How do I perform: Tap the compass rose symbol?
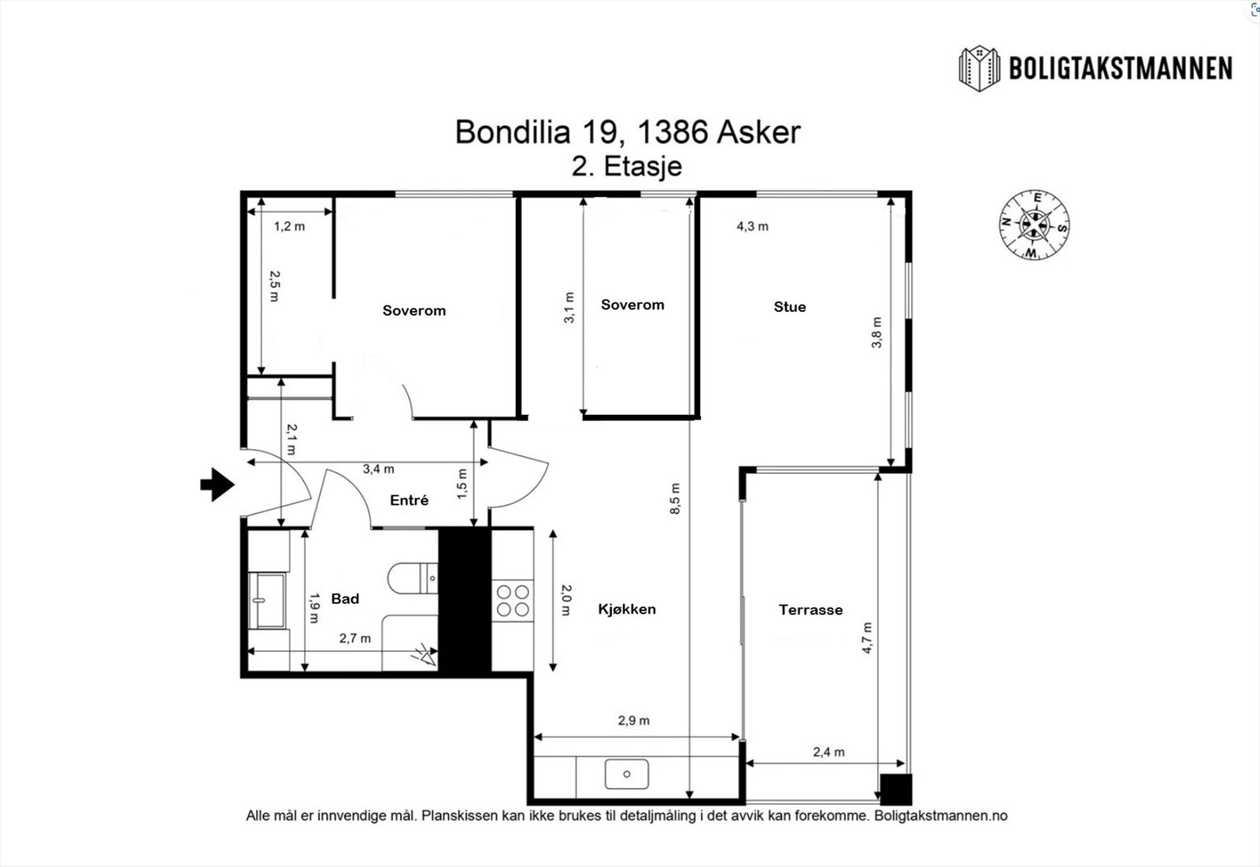1035,224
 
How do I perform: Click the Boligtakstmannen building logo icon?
979,69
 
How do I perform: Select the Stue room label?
789,307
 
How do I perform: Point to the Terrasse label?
810,609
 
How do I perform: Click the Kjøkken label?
627,609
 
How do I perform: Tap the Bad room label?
345,598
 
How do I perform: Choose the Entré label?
409,500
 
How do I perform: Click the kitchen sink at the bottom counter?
627,774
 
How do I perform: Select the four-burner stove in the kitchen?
512,600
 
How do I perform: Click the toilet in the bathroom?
411,578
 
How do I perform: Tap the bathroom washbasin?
268,600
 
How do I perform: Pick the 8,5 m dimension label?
675,498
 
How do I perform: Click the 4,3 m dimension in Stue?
752,226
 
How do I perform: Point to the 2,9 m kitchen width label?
633,721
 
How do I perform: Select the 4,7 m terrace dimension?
867,638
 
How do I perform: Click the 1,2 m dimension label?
289,226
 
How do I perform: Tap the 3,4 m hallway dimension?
378,469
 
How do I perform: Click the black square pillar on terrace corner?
895,790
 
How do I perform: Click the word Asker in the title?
758,132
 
